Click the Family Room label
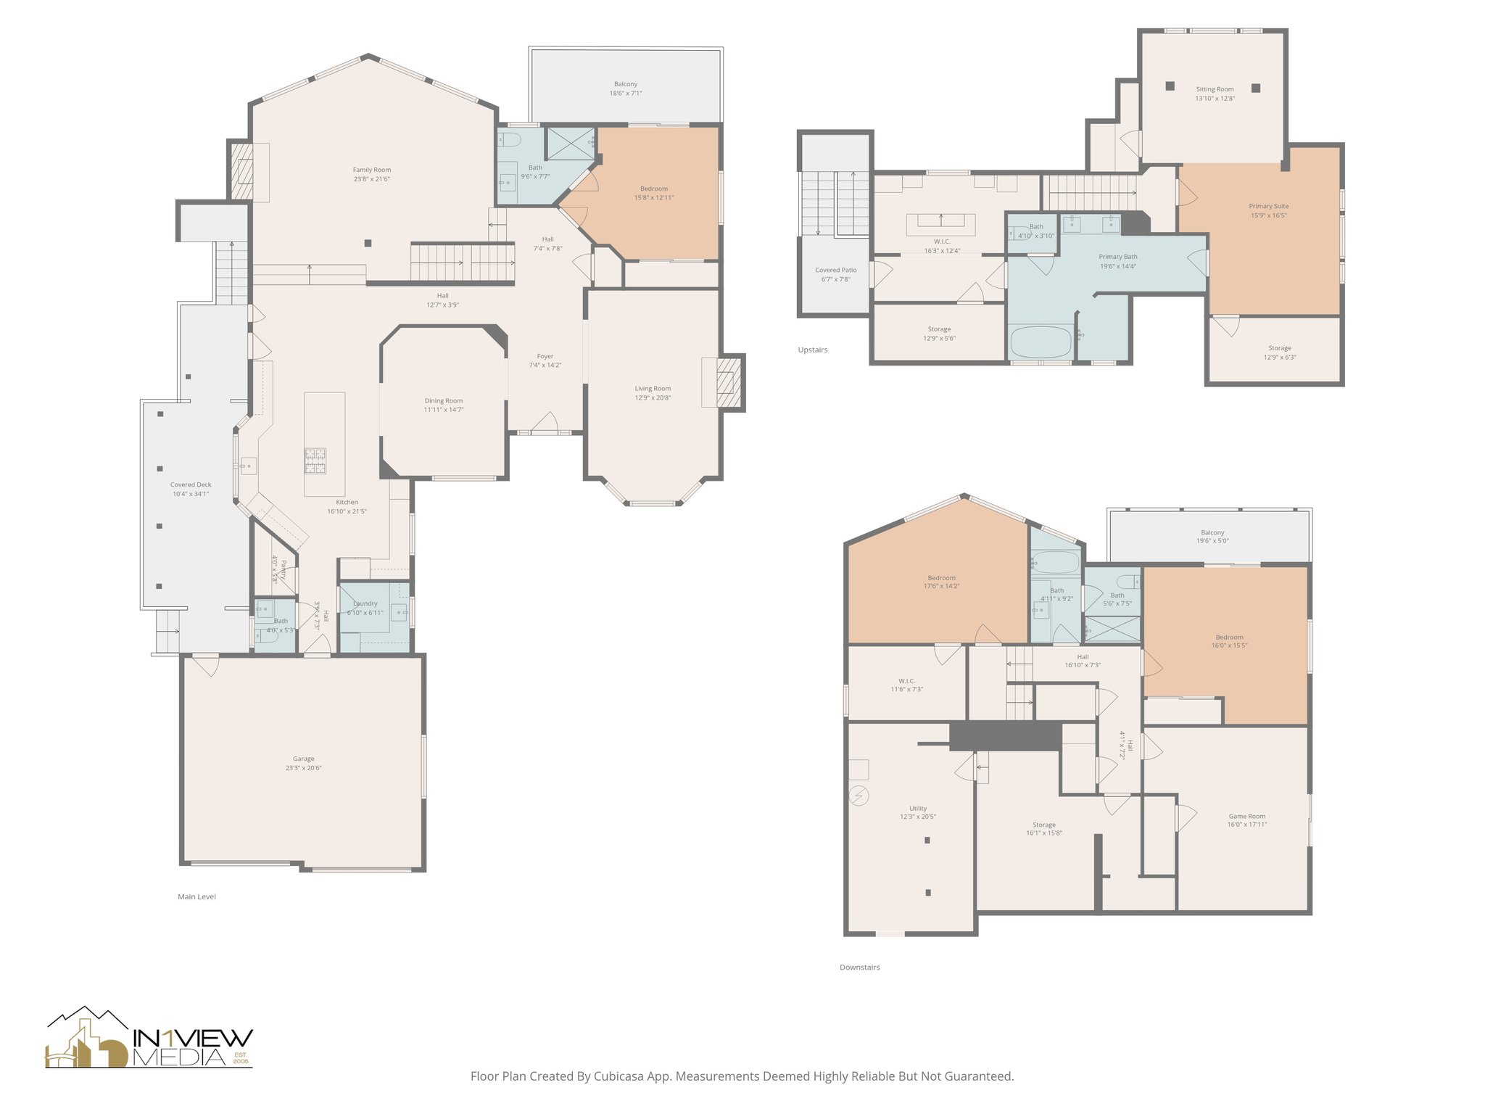[x=371, y=170]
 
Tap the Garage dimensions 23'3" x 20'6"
[x=303, y=768]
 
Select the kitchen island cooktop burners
[x=315, y=461]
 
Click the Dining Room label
[x=443, y=400]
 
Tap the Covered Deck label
[x=191, y=484]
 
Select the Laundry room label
[x=365, y=603]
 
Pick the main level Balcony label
[x=625, y=84]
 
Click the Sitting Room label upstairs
[x=1215, y=89]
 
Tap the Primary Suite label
[x=1268, y=206]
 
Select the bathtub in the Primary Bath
[x=1040, y=342]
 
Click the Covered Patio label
[x=835, y=270]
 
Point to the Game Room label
[x=1246, y=816]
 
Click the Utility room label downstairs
[x=917, y=808]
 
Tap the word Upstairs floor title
[x=812, y=350]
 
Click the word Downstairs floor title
[x=859, y=967]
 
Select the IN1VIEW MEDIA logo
[x=149, y=1039]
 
